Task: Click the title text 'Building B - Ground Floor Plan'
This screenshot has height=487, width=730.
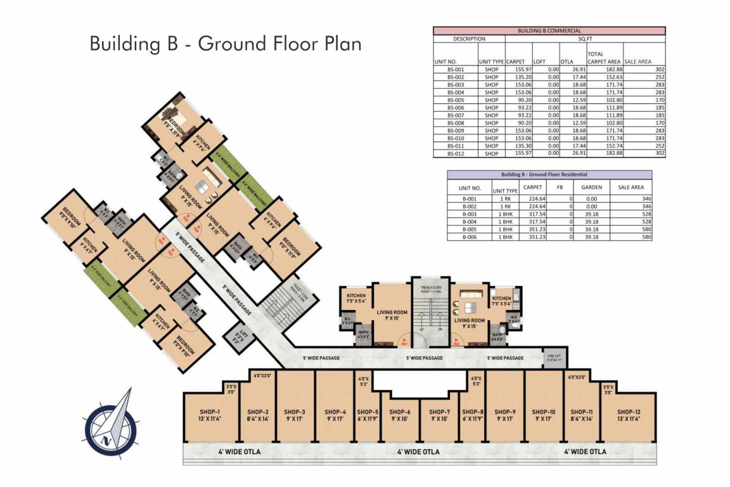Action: (226, 44)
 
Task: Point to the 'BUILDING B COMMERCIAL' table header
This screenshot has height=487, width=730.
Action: (549, 30)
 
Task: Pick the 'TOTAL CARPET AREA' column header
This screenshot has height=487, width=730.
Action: (604, 58)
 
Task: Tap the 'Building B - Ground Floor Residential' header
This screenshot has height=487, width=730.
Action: (549, 174)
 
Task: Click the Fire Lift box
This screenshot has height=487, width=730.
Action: (554, 358)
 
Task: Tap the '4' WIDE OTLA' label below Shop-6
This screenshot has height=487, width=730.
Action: (418, 452)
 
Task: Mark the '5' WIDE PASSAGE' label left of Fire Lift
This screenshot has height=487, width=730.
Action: (505, 358)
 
